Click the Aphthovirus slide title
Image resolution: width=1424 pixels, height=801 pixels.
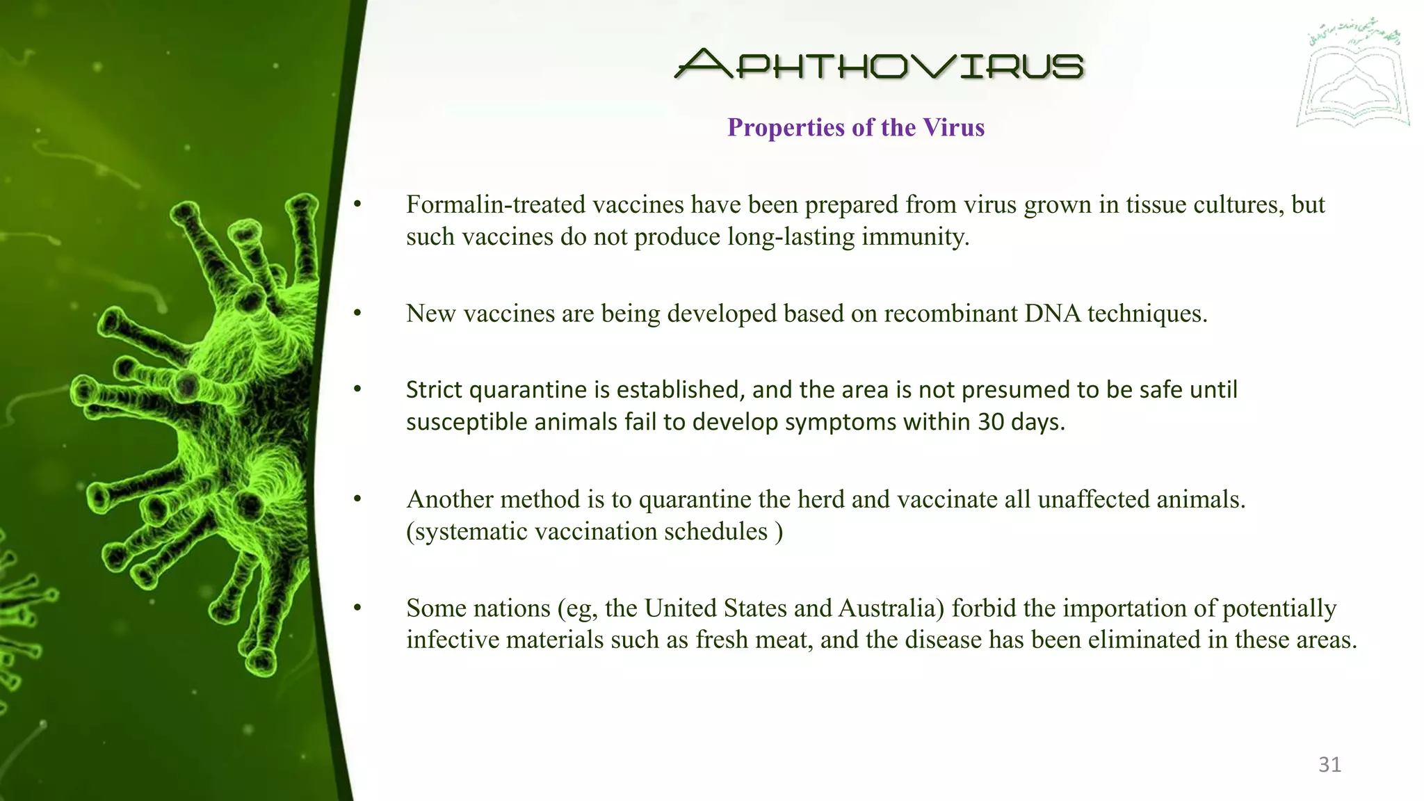(879, 64)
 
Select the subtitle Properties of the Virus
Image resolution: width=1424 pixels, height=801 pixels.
(855, 128)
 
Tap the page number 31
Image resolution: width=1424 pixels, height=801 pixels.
(1329, 765)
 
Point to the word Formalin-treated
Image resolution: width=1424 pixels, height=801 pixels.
(496, 205)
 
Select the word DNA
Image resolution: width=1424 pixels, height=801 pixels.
(1052, 314)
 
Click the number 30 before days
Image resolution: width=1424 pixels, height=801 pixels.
(991, 422)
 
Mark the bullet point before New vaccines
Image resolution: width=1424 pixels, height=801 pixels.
(357, 314)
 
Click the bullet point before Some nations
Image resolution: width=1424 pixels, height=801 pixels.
(357, 609)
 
